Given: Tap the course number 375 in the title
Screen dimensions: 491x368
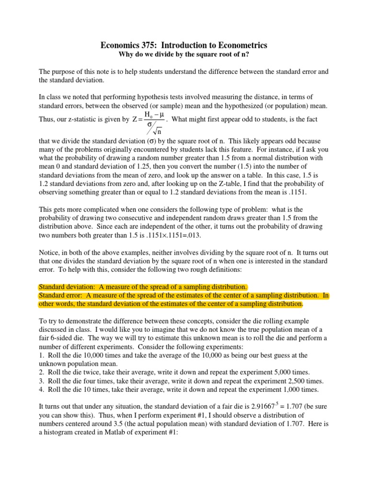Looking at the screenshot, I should click(151, 46).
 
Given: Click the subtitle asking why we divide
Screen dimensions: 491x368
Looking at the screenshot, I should click(184, 56).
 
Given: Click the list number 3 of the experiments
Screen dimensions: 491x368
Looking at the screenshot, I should click(41, 381).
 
